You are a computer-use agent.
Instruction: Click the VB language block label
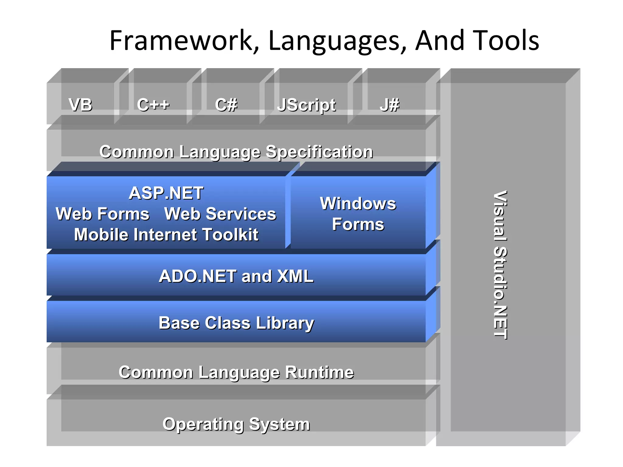click(x=80, y=105)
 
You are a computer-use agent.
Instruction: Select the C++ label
click(x=153, y=105)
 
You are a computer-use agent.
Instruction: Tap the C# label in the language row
click(x=226, y=105)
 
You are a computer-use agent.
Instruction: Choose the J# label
click(x=389, y=105)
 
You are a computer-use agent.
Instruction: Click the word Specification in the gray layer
click(x=319, y=152)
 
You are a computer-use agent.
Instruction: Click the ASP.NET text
click(x=166, y=193)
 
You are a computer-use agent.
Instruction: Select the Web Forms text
click(x=103, y=214)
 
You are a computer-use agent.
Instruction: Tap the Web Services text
click(x=220, y=214)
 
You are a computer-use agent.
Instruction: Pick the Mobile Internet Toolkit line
click(x=166, y=235)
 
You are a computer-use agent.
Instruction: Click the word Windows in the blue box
click(x=358, y=203)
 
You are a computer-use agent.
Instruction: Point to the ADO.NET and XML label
click(x=236, y=276)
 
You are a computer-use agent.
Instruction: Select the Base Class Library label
click(x=236, y=323)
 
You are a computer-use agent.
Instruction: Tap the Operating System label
click(x=236, y=424)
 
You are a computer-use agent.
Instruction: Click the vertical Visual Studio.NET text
click(x=500, y=265)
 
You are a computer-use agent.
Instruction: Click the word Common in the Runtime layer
click(x=156, y=372)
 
